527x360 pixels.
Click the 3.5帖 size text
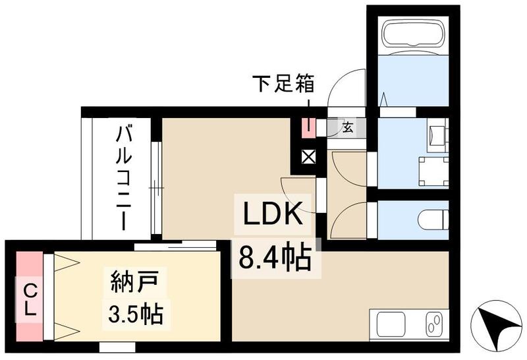pos(136,313)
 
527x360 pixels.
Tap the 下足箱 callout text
pos(283,84)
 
